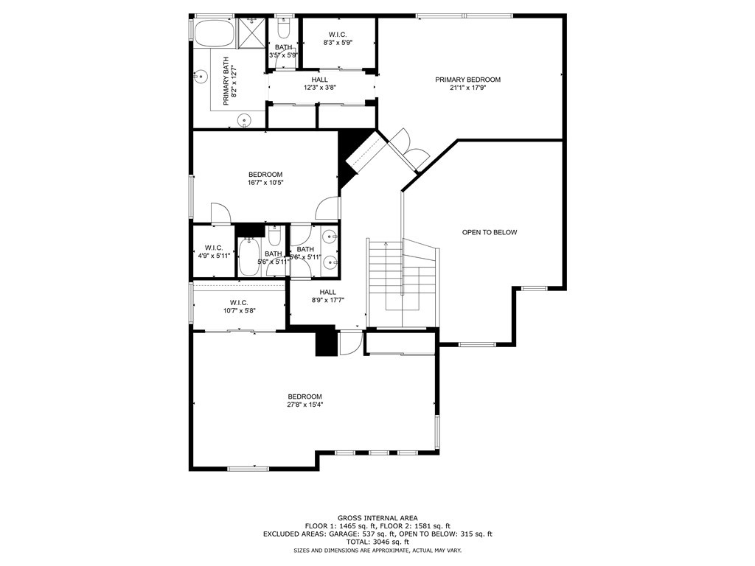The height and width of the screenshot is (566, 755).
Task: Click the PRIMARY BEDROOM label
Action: pyautogui.click(x=467, y=80)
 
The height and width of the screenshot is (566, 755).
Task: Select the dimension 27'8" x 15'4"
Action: pyautogui.click(x=305, y=405)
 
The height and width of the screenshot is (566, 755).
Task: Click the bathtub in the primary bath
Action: pyautogui.click(x=214, y=33)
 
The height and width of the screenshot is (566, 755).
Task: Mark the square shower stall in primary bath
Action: pyautogui.click(x=251, y=33)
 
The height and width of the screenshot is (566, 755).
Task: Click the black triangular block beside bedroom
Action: pyautogui.click(x=348, y=153)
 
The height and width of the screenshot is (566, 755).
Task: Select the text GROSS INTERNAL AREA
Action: pyautogui.click(x=377, y=518)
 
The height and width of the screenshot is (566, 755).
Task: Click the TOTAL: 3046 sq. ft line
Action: pyautogui.click(x=377, y=542)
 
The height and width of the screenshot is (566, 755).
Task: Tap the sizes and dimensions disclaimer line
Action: pyautogui.click(x=377, y=551)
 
